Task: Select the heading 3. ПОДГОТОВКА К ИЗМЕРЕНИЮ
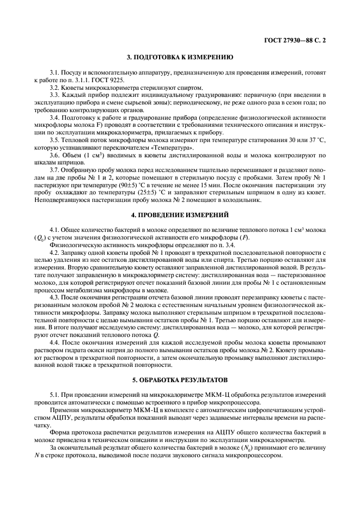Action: click(x=180, y=57)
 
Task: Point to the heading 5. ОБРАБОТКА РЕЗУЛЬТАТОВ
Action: click(x=180, y=393)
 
